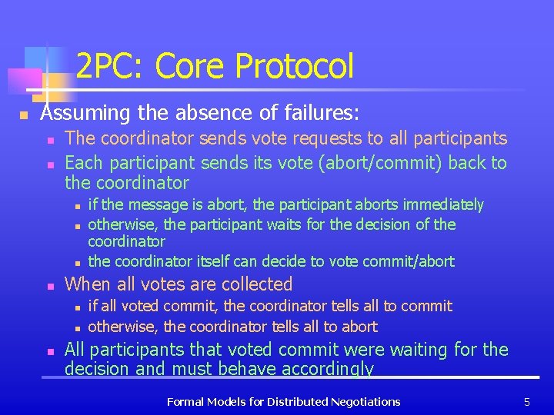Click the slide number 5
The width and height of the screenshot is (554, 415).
point(527,401)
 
